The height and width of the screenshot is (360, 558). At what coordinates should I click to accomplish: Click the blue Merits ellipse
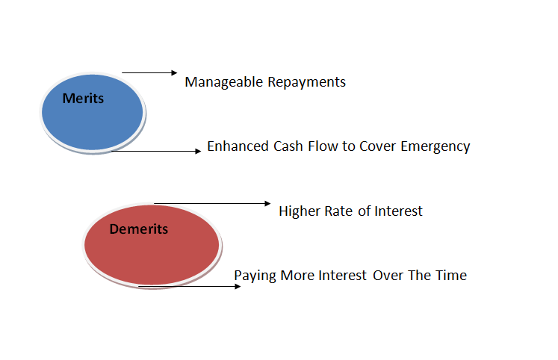point(93,113)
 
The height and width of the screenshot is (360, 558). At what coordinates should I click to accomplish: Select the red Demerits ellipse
point(152,246)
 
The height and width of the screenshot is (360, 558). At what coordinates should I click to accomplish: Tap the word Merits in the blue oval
point(83,98)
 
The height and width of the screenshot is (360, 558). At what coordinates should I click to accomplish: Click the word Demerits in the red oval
point(138,229)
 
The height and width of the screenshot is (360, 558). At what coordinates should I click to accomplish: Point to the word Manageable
point(224,82)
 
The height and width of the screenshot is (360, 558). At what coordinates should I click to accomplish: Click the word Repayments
point(306,82)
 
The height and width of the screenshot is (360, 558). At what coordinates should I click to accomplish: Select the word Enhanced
point(238,146)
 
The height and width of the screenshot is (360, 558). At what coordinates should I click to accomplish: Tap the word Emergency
point(435,147)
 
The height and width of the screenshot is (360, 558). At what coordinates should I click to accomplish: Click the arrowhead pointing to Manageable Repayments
point(174,73)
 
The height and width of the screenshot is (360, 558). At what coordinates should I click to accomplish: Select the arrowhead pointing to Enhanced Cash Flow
point(198,151)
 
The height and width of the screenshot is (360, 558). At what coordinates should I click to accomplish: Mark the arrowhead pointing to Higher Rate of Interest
point(267,203)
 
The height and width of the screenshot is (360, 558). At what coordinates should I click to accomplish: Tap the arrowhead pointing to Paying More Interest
point(238,286)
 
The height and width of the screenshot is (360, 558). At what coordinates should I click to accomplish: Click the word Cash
point(288,146)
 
